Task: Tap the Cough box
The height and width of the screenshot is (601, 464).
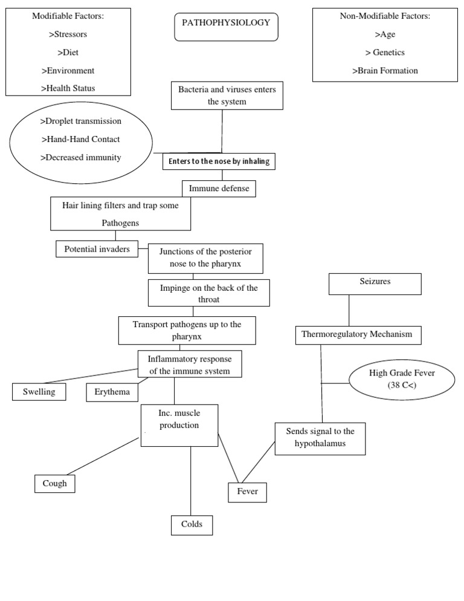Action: [x=55, y=484]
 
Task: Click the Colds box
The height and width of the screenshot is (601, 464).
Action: [x=192, y=524]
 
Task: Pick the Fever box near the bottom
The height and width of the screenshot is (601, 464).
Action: [x=247, y=492]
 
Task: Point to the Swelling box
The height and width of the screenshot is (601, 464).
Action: [x=39, y=392]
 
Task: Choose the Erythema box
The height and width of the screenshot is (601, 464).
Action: [x=112, y=392]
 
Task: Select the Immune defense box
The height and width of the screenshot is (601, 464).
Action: [x=218, y=189]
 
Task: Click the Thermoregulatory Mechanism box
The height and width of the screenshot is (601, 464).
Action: [x=358, y=334]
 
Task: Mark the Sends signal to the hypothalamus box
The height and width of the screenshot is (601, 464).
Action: [x=320, y=438]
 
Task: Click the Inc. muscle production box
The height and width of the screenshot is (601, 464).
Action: [x=179, y=425]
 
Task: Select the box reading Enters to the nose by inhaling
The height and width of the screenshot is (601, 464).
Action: [x=219, y=161]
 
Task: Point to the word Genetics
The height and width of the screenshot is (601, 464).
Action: [x=389, y=52]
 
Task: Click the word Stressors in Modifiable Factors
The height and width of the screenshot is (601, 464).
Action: [x=68, y=34]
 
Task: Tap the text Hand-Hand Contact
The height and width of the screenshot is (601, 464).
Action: [x=80, y=139]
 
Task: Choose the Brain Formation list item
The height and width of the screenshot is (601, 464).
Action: [x=385, y=70]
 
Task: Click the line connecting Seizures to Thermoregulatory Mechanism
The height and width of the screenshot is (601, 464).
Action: [x=349, y=310]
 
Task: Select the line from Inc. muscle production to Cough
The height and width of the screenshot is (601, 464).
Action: [x=103, y=456]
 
